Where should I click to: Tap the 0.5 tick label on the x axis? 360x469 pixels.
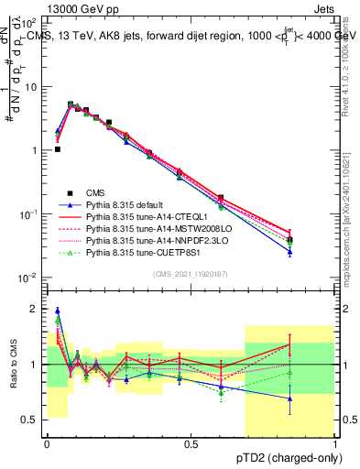point(191,443)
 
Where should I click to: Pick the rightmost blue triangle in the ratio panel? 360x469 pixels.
point(290,398)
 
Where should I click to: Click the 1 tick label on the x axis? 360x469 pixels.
point(335,443)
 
